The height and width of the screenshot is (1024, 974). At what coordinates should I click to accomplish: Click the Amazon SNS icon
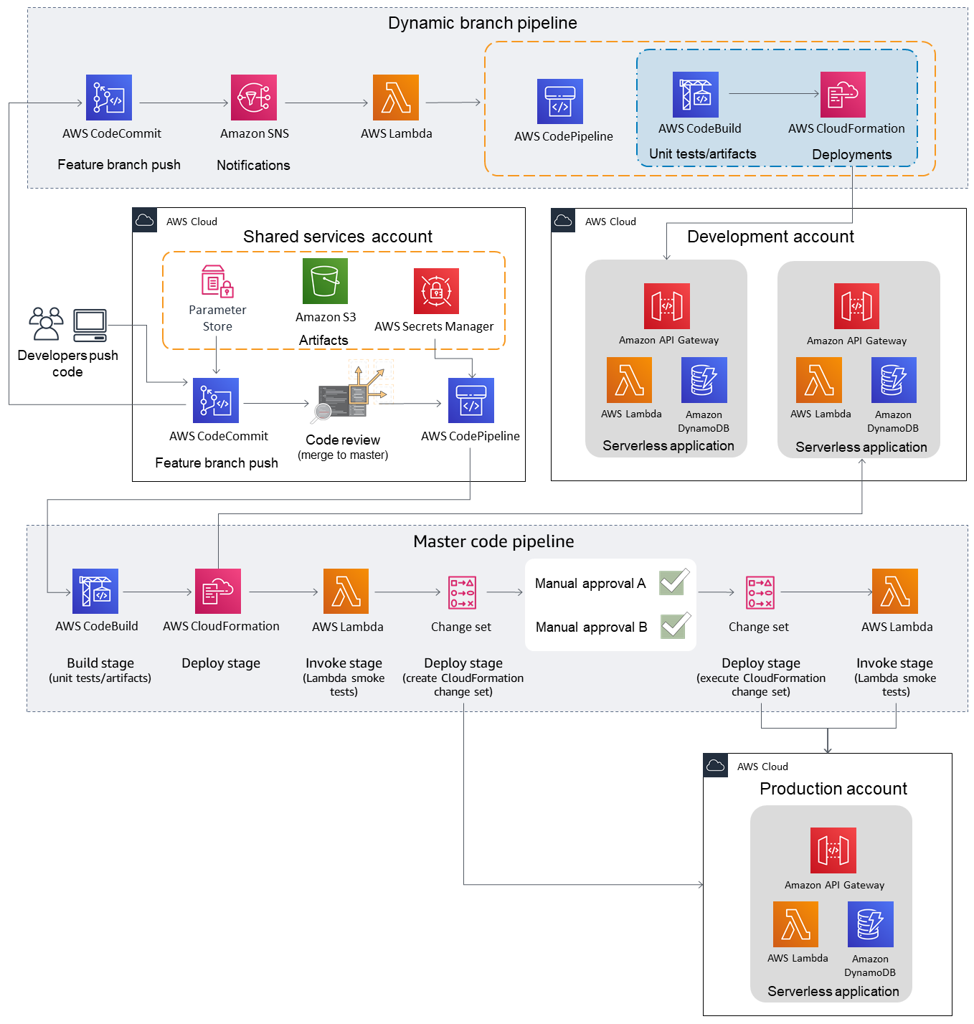(x=254, y=98)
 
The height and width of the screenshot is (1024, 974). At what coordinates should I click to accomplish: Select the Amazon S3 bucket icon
(x=325, y=281)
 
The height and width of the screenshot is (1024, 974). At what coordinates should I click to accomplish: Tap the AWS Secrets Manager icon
(x=436, y=291)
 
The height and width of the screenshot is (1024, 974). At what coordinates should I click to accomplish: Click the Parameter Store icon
(x=217, y=281)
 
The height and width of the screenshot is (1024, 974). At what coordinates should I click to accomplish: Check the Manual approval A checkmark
(x=674, y=582)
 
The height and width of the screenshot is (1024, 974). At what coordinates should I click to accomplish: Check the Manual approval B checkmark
(x=675, y=625)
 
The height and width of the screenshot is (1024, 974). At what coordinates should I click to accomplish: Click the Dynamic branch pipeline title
(x=482, y=23)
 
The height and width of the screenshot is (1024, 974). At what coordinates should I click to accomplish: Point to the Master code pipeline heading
(x=493, y=541)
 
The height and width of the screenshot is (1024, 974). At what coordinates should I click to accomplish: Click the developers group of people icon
(x=47, y=324)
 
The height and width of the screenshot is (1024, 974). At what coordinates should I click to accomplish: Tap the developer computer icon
(x=90, y=326)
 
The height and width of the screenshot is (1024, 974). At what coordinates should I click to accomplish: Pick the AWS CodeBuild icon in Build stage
(x=95, y=592)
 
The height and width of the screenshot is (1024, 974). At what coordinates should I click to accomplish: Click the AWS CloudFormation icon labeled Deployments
(x=843, y=94)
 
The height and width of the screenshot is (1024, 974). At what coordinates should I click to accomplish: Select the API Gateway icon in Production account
(x=833, y=850)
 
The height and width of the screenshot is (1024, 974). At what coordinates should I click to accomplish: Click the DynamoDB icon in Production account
(x=870, y=924)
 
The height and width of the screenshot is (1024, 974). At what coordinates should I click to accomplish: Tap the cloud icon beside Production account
(x=716, y=766)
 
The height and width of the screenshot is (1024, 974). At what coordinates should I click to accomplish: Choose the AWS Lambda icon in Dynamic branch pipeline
(x=396, y=98)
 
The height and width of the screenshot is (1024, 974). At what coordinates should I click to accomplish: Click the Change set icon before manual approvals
(x=462, y=592)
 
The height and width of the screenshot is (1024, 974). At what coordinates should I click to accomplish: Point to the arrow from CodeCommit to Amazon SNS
(x=183, y=103)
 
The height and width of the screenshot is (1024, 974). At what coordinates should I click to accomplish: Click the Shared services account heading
(x=337, y=237)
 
